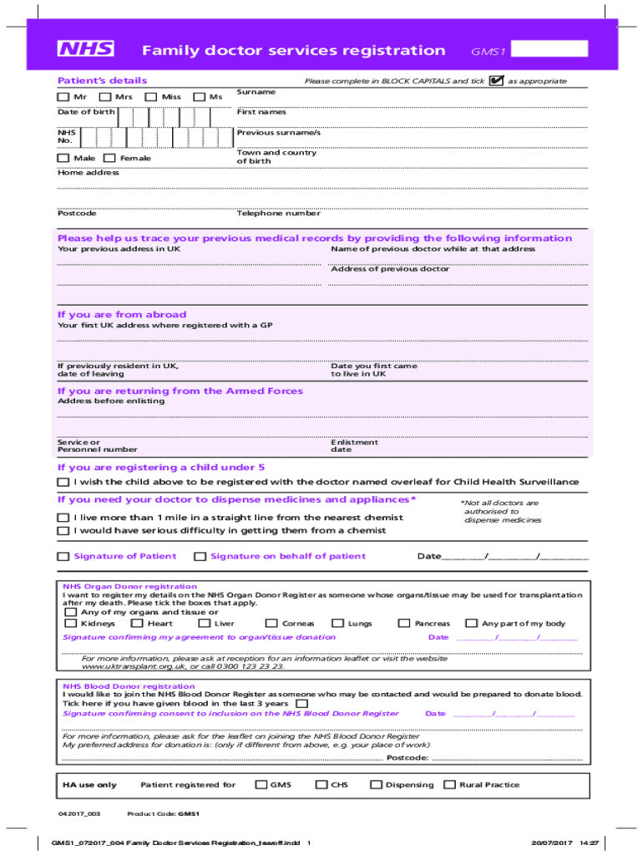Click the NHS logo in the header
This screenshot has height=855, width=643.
[x=85, y=50]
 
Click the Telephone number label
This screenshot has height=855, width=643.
[x=278, y=214]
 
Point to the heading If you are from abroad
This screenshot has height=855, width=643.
[x=122, y=315]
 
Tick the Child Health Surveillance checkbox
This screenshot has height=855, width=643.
[x=63, y=483]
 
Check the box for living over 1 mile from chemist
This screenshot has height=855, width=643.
[x=63, y=518]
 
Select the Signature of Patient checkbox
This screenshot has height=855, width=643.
[x=63, y=557]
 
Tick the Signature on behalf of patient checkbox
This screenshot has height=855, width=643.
[x=200, y=557]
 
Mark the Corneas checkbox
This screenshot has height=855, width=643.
[x=271, y=623]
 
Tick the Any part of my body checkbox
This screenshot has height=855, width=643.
[x=471, y=623]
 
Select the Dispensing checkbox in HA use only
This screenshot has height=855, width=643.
[x=376, y=785]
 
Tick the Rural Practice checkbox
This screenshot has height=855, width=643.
[x=449, y=785]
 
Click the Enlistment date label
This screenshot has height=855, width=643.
[x=354, y=446]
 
